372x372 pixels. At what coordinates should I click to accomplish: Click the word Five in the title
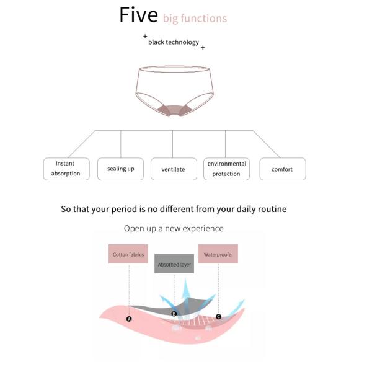[138, 15]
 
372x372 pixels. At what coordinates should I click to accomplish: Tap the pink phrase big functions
[195, 19]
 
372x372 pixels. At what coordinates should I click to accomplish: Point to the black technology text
[174, 42]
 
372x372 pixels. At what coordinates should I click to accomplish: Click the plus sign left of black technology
[145, 37]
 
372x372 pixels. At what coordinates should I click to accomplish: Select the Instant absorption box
[66, 169]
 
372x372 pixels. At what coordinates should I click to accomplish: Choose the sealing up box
[120, 169]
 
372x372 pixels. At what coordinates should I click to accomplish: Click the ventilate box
[174, 169]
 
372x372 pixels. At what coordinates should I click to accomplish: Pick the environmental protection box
[226, 169]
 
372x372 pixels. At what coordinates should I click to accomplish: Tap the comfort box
[283, 169]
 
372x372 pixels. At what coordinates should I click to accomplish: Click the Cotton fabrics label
[128, 254]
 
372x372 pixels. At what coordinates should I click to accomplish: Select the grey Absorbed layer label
[174, 264]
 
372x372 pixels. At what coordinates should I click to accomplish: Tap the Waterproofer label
[218, 254]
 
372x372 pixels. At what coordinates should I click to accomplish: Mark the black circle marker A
[129, 319]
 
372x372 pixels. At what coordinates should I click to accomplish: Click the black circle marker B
[174, 314]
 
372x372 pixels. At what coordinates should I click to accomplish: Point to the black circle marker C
[218, 316]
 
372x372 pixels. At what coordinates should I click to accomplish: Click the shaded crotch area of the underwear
[174, 110]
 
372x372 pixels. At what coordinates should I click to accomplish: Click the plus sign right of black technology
[203, 48]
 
